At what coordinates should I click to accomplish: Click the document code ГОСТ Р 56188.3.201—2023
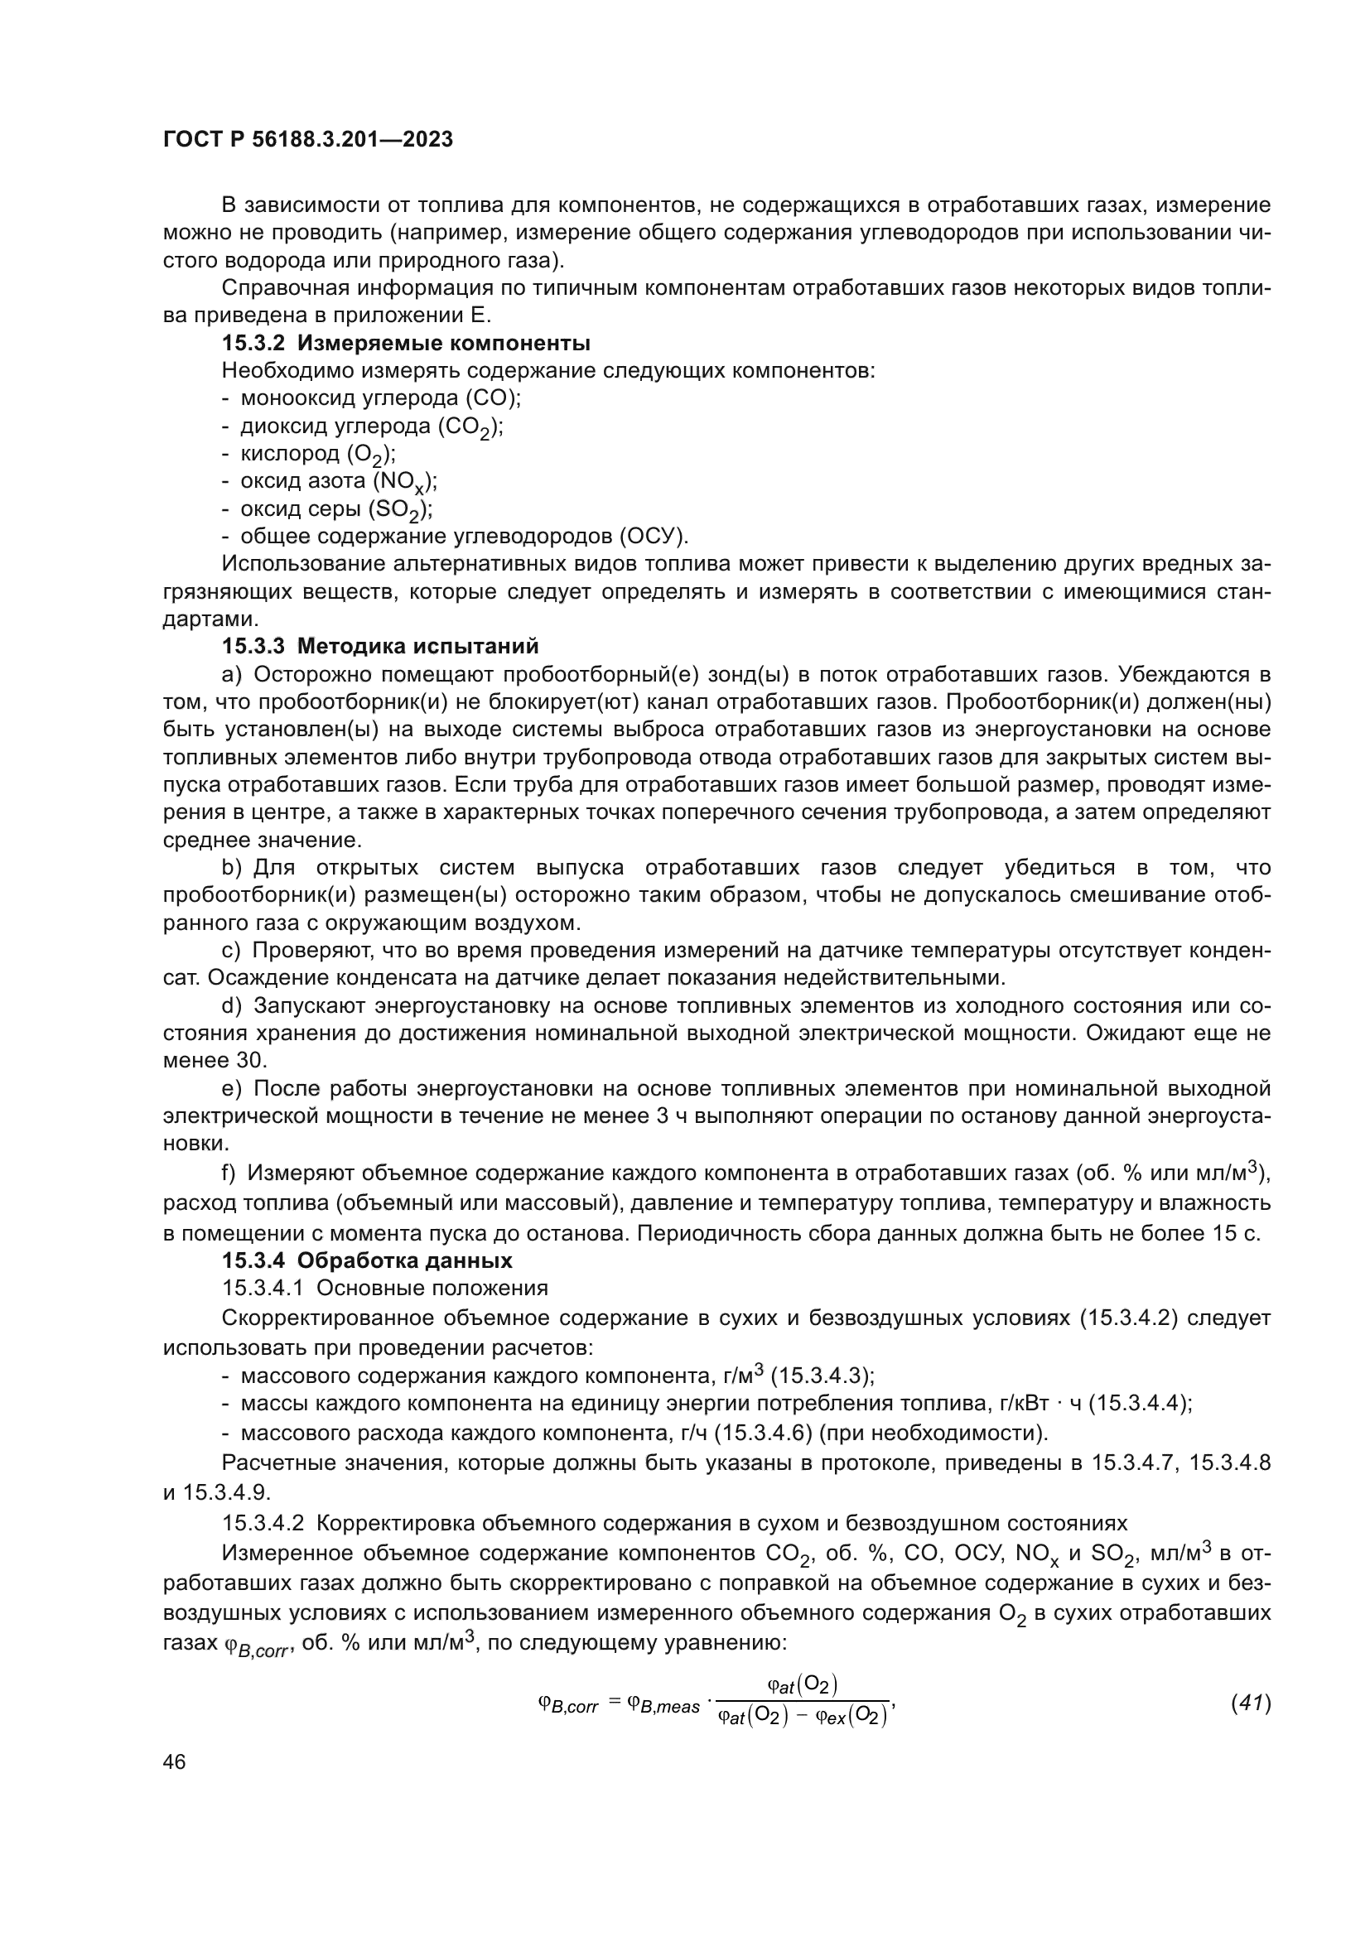pyautogui.click(x=308, y=140)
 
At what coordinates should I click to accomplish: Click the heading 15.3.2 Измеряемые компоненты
pyautogui.click(x=406, y=344)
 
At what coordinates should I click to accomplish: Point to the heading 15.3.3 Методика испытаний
pyautogui.click(x=379, y=646)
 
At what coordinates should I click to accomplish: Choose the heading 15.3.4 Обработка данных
pyautogui.click(x=367, y=1260)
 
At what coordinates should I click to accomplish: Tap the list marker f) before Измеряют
pyautogui.click(x=229, y=1173)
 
